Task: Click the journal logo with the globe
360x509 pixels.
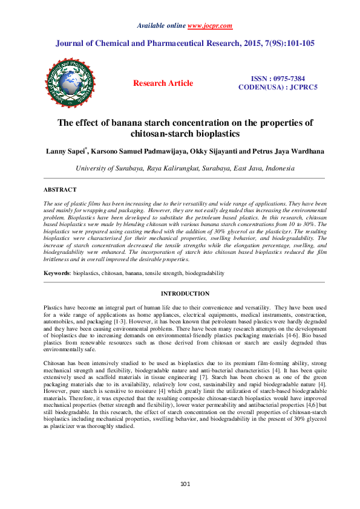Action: (70, 83)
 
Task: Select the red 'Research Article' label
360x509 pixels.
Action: (163, 83)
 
